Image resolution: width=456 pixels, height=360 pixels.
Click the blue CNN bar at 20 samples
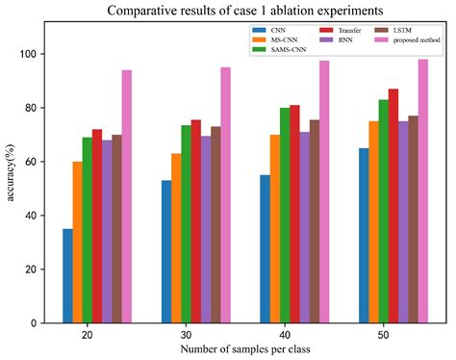67,275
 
